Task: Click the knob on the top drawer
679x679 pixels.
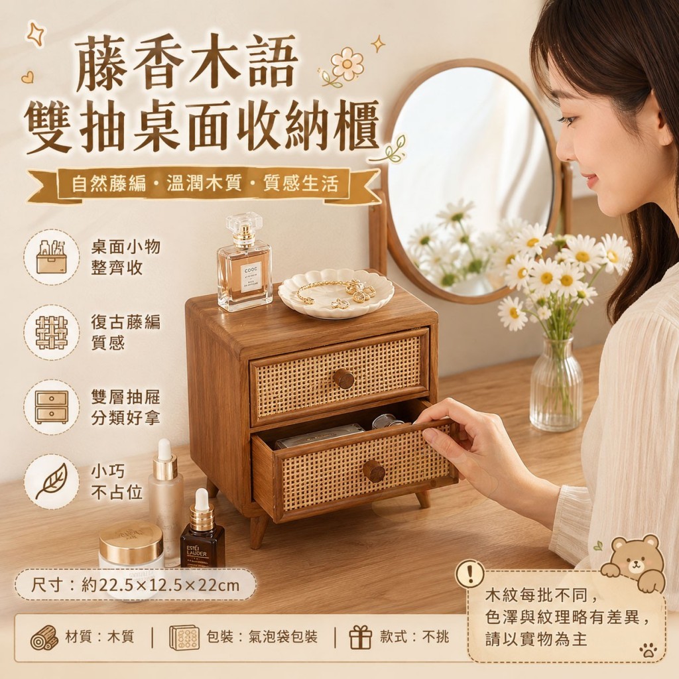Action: click(x=343, y=379)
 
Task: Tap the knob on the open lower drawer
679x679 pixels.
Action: click(x=374, y=471)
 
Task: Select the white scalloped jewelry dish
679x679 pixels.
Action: click(x=336, y=292)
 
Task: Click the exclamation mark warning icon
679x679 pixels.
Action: click(x=470, y=574)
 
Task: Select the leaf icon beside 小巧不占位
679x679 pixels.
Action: click(x=52, y=481)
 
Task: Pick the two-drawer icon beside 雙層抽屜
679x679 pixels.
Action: click(x=52, y=406)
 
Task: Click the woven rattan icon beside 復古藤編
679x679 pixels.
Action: click(x=52, y=332)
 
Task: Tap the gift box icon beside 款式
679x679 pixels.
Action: click(x=361, y=637)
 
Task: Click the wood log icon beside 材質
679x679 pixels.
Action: click(x=44, y=637)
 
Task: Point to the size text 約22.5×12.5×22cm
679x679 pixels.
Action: click(x=160, y=586)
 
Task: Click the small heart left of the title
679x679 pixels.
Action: click(x=27, y=77)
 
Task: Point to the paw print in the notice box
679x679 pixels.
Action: click(x=648, y=650)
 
